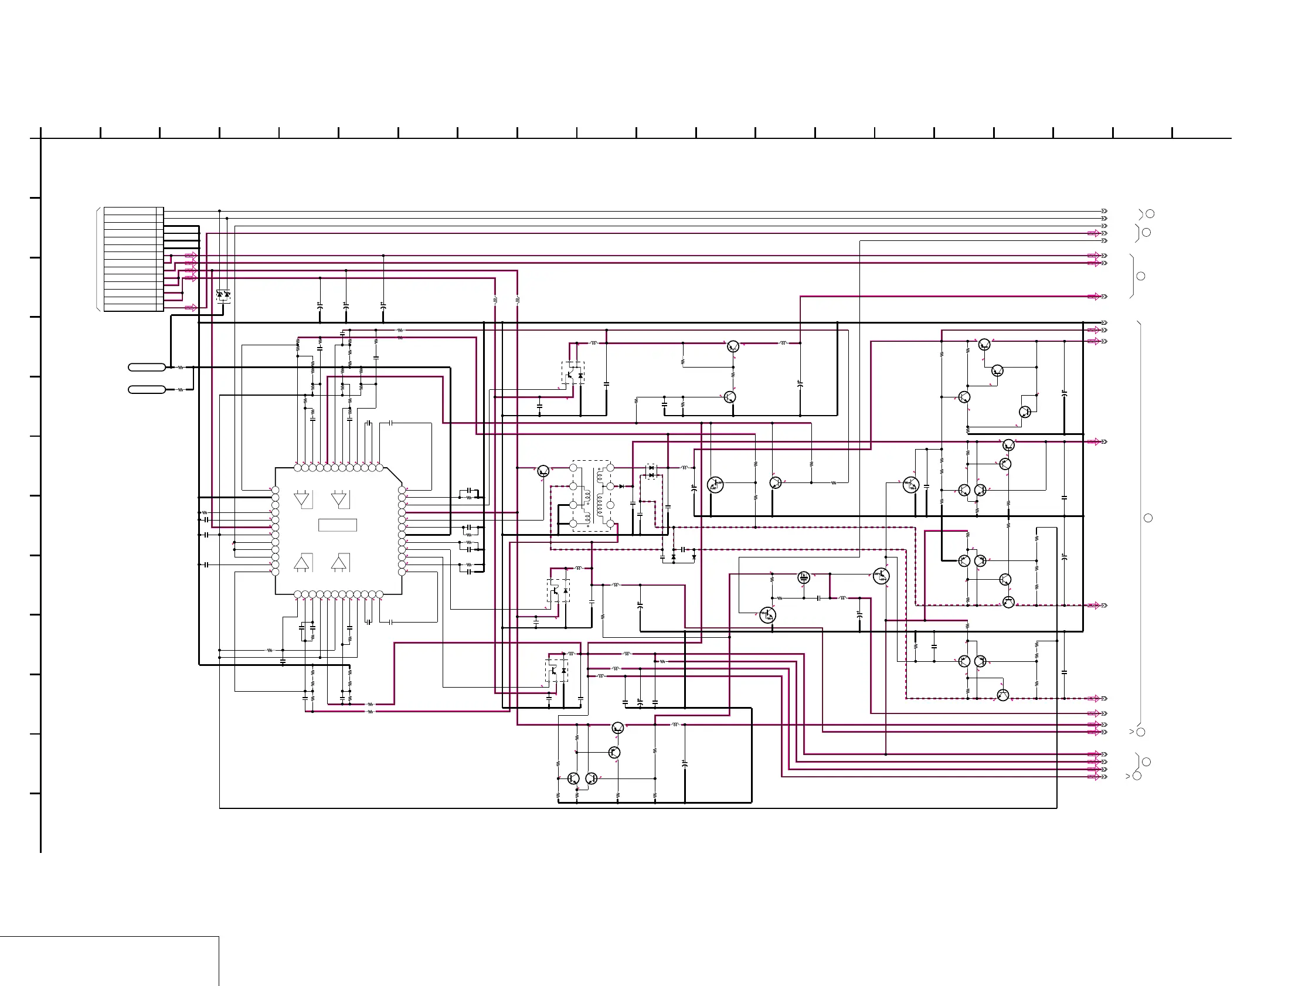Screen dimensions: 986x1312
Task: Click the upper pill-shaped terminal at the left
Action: (147, 367)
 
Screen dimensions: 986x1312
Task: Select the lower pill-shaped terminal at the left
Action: (147, 389)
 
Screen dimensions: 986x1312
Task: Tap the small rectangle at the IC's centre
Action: (338, 525)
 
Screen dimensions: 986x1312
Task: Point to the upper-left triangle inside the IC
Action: (302, 499)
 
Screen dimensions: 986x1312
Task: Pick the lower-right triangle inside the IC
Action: (339, 562)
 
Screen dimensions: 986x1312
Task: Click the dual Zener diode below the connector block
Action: (223, 294)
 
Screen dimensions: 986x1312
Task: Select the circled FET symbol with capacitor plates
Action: (804, 577)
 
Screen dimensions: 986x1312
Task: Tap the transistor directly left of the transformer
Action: (543, 471)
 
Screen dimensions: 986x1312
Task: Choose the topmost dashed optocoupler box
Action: (573, 373)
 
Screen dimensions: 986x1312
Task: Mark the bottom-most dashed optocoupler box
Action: (556, 671)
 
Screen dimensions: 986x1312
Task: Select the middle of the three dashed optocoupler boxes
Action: (558, 591)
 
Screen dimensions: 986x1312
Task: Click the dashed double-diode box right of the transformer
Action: (651, 472)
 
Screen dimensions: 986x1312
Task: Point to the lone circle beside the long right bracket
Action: (1148, 518)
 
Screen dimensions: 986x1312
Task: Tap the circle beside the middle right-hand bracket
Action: (1140, 276)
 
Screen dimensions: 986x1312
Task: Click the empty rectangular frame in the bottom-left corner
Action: (109, 961)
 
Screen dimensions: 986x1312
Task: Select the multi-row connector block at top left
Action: (134, 259)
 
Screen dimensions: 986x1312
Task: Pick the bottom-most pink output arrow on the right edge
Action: (1094, 777)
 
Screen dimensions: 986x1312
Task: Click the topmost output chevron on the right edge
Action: (1104, 211)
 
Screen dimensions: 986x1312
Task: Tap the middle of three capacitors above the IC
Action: (346, 305)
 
